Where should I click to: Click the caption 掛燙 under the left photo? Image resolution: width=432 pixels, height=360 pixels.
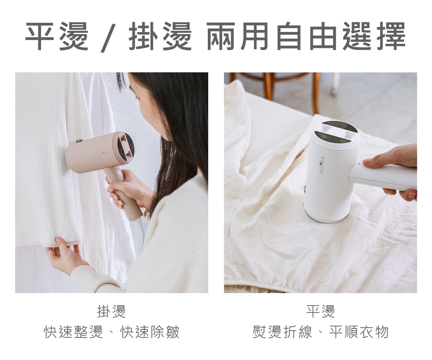(111, 311)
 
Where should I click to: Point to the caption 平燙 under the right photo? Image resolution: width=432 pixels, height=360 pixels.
(321, 311)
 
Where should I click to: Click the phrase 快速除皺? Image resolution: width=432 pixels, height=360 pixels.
(150, 332)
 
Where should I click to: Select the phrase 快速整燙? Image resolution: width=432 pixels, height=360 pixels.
(73, 332)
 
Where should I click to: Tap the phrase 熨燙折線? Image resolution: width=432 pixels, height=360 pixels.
(282, 332)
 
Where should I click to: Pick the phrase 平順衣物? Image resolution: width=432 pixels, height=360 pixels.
(359, 332)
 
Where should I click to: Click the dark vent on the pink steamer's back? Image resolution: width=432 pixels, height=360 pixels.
(125, 148)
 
